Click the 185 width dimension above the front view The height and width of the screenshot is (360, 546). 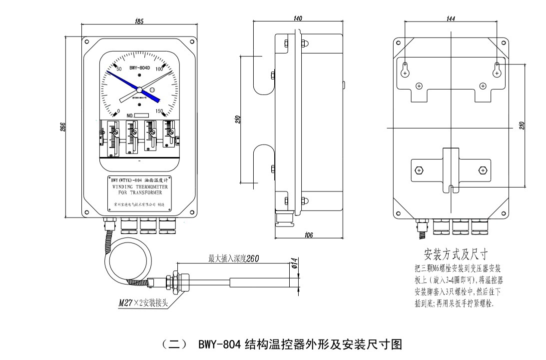click(139, 21)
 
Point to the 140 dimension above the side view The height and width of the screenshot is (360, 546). click(299, 18)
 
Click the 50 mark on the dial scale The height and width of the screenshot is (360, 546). click(119, 68)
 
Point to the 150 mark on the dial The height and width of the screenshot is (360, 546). click(160, 111)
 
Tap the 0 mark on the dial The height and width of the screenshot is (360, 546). click(118, 111)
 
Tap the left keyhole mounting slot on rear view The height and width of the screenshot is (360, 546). click(405, 69)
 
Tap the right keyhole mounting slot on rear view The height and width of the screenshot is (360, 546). click(497, 69)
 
